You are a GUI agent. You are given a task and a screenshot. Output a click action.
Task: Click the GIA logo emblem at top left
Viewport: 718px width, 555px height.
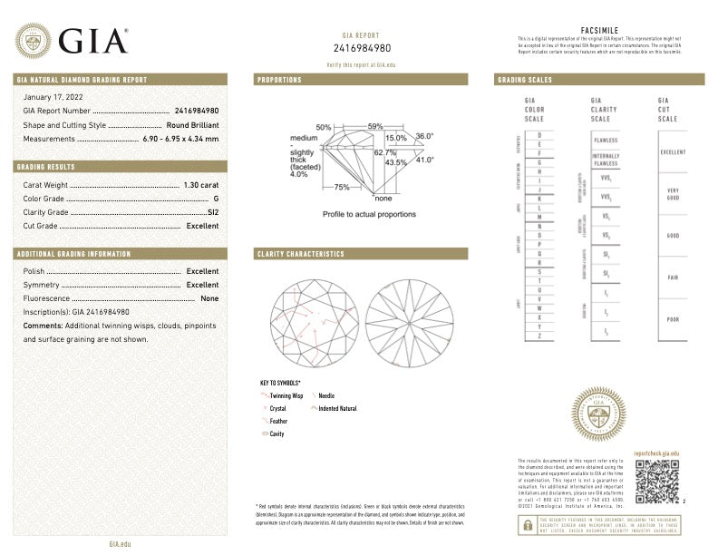[33, 41]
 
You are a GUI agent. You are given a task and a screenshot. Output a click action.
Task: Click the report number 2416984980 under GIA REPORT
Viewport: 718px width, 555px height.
[363, 47]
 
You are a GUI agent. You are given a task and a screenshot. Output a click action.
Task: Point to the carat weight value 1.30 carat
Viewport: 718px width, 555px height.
[200, 184]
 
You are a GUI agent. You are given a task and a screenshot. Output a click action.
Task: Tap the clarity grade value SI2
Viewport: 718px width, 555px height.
[213, 211]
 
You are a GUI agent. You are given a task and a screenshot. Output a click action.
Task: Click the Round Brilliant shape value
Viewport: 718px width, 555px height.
[192, 124]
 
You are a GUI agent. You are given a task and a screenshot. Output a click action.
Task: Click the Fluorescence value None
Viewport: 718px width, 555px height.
[209, 298]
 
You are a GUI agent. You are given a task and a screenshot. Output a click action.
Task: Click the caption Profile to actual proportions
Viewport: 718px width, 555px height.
[369, 214]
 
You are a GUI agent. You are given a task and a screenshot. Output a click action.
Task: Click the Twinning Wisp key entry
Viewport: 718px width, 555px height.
[285, 396]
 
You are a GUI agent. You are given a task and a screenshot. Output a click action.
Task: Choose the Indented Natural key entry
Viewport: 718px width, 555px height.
[336, 409]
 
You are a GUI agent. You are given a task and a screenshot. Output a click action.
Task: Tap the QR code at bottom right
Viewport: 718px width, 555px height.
[655, 481]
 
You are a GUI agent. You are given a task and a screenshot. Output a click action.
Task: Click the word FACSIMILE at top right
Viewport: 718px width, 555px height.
[598, 30]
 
